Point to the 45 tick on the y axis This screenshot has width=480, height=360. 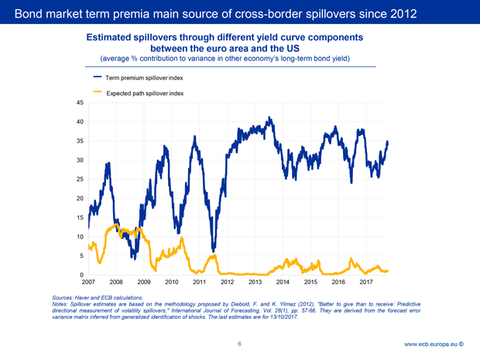80,103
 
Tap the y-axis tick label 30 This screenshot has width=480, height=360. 80,160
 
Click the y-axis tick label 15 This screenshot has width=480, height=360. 80,218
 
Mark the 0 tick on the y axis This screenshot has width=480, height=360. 82,275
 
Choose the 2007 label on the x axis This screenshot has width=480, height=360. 88,283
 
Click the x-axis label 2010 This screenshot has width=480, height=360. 172,283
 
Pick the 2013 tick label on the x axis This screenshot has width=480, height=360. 255,283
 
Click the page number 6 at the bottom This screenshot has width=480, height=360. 240,344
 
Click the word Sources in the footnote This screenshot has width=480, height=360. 64,297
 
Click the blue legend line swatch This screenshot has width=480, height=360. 98,77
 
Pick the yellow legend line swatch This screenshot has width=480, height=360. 98,91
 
